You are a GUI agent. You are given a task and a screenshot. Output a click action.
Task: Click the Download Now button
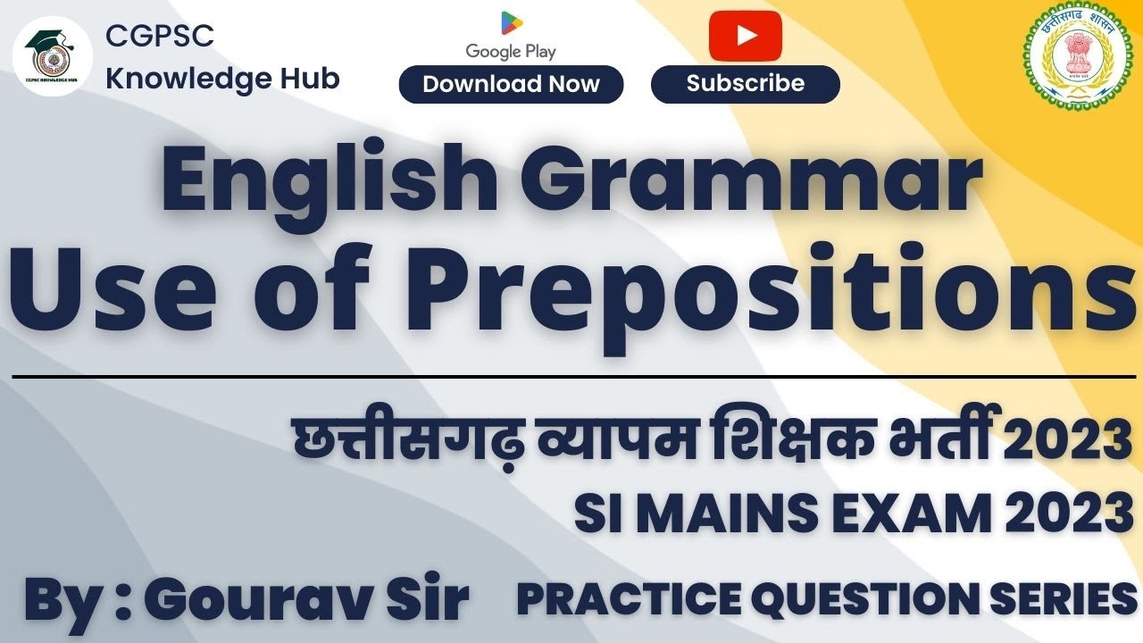(511, 85)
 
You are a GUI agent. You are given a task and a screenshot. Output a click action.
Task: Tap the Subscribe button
(745, 84)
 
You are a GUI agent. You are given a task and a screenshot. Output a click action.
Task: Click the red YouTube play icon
(745, 36)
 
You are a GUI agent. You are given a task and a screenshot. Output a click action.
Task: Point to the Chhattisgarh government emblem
(1074, 59)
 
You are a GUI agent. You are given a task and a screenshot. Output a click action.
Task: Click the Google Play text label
(511, 52)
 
